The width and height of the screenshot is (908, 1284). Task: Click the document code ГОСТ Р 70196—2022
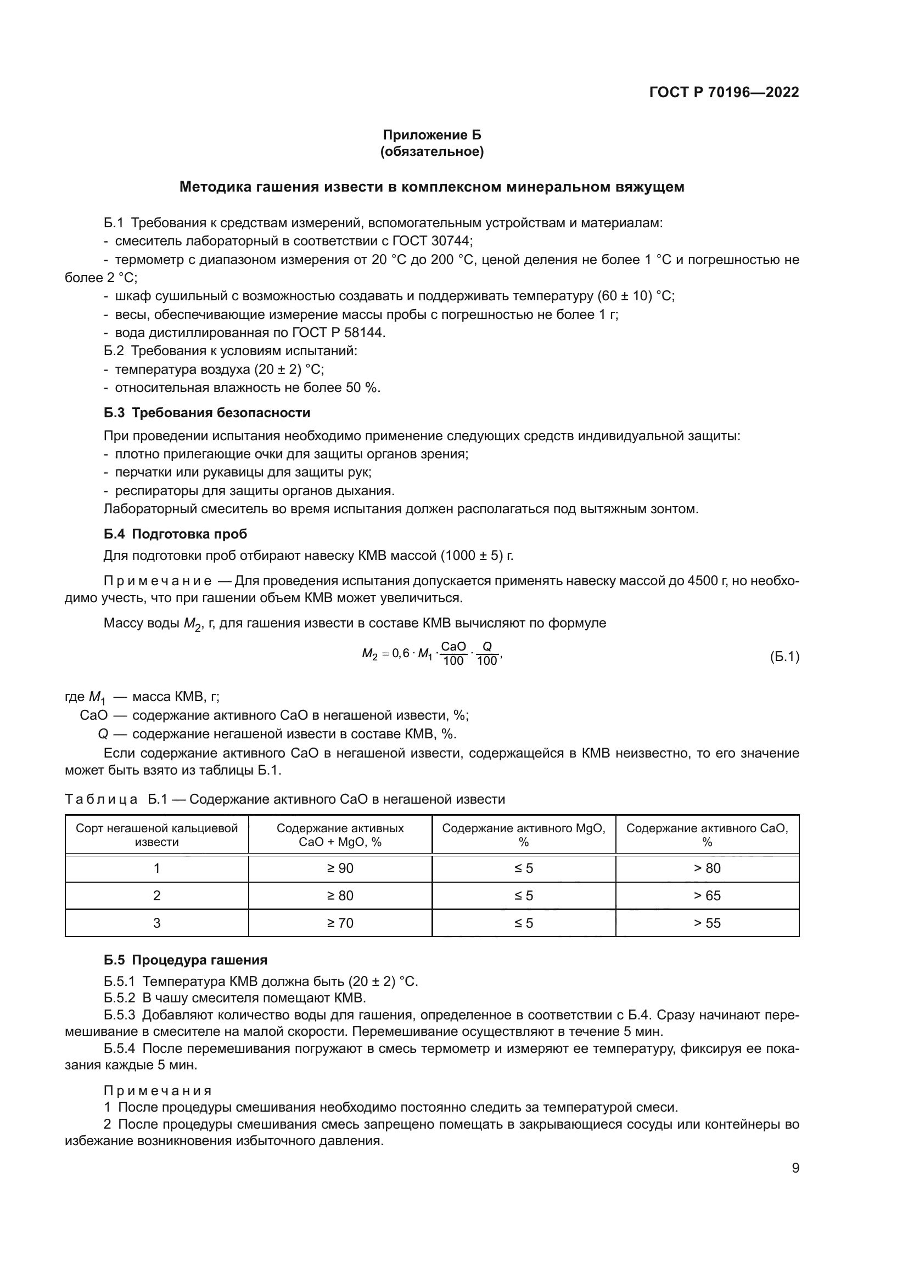click(724, 92)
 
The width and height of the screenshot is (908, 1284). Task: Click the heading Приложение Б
click(431, 135)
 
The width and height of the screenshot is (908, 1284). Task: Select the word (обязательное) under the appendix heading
click(431, 152)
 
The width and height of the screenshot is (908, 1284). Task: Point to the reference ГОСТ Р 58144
click(338, 333)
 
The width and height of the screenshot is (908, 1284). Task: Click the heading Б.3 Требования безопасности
click(207, 413)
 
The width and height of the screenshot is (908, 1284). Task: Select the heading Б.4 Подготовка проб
click(175, 534)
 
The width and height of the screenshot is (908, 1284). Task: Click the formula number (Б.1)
click(784, 657)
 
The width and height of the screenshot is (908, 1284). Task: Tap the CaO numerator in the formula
click(453, 647)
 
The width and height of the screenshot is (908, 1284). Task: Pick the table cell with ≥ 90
click(340, 868)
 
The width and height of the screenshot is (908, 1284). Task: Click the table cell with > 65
click(707, 895)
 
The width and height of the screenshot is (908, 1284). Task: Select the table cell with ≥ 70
click(340, 923)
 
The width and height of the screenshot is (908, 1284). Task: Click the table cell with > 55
click(707, 923)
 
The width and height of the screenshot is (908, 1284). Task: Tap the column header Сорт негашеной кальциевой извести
click(156, 835)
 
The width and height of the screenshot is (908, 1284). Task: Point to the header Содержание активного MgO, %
click(523, 835)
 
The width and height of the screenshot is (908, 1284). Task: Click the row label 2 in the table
click(156, 895)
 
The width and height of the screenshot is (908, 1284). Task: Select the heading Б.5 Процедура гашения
click(185, 960)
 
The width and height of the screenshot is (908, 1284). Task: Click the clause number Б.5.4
click(119, 1048)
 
